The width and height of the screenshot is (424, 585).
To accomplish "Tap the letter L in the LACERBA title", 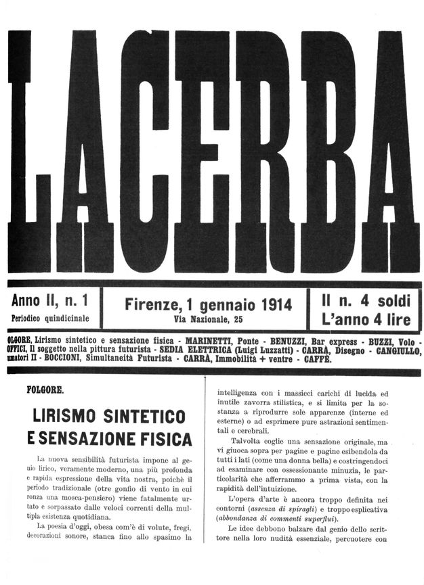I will [27, 152].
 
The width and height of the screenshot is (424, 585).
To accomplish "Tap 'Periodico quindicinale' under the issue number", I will [54, 318].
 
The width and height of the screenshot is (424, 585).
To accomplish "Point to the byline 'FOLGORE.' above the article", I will [45, 390].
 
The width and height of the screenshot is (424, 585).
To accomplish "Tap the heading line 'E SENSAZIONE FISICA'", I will [109, 439].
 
